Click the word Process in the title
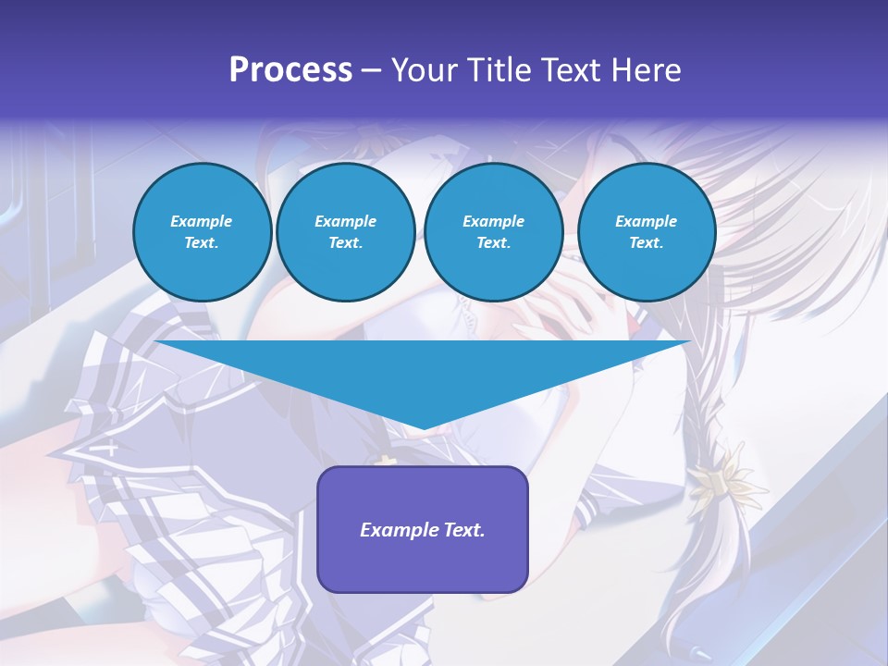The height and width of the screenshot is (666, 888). click(x=290, y=70)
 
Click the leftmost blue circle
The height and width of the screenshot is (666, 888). click(x=202, y=232)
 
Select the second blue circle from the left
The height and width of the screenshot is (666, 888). click(x=345, y=232)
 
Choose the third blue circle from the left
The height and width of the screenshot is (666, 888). click(x=493, y=232)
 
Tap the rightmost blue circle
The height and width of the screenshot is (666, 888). click(x=646, y=232)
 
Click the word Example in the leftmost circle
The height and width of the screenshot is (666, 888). click(x=202, y=221)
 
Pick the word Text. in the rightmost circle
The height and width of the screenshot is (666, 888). click(x=646, y=243)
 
